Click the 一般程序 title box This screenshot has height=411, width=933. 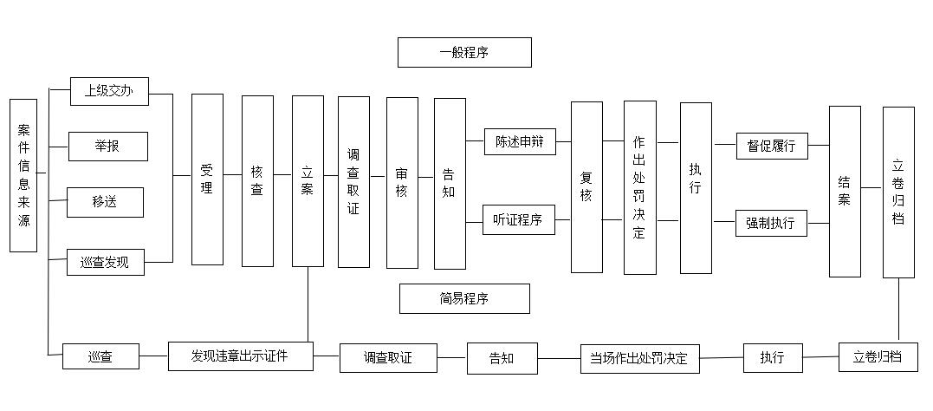(x=464, y=52)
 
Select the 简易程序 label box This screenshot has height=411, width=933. (x=464, y=298)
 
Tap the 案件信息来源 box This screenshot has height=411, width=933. (x=23, y=175)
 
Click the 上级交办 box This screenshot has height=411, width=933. (x=109, y=91)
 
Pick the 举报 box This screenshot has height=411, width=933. (x=108, y=147)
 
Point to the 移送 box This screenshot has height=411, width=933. (x=106, y=203)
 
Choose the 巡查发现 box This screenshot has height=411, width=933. (x=106, y=262)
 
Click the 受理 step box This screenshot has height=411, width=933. (x=208, y=179)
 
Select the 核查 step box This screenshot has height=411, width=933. (x=257, y=181)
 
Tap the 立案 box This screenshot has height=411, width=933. (x=308, y=181)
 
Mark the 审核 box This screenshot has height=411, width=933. (x=402, y=183)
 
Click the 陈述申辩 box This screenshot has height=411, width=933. (x=520, y=141)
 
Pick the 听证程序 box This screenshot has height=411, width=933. (x=519, y=220)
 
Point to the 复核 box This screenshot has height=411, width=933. (x=586, y=187)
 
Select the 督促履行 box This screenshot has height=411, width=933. (x=773, y=146)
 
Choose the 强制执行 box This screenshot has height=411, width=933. (x=771, y=224)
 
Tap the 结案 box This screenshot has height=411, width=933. (x=845, y=192)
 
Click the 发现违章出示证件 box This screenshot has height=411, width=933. (x=240, y=356)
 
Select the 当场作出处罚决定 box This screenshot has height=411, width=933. (x=639, y=359)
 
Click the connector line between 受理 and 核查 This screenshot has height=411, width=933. (x=233, y=175)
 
